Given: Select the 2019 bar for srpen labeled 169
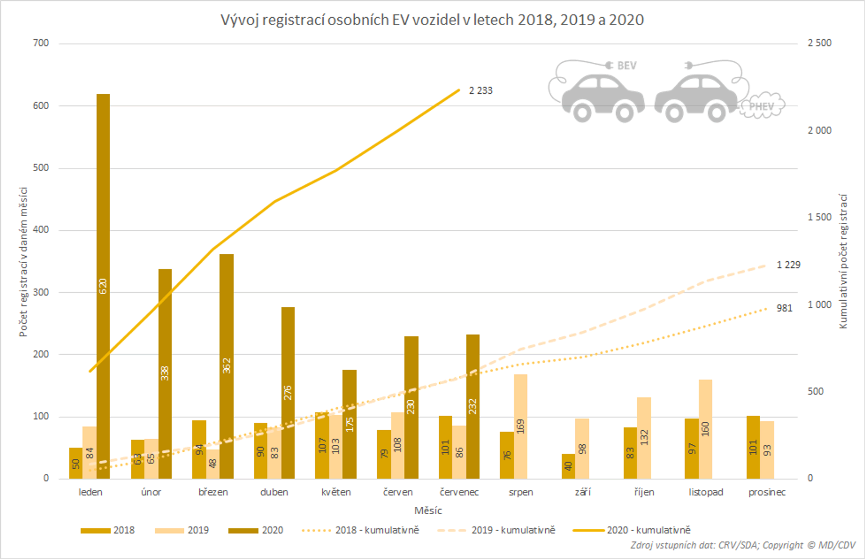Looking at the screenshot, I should click(x=520, y=426).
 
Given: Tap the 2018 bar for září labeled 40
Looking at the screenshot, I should click(x=568, y=466).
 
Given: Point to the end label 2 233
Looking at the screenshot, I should click(x=480, y=91).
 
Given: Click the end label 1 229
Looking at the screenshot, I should click(x=788, y=265).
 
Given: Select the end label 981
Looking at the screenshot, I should click(x=784, y=308).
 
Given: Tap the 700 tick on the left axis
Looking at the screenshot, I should click(x=41, y=43).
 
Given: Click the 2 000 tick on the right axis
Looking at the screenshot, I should click(x=819, y=130).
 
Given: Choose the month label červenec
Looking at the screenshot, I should click(x=459, y=492).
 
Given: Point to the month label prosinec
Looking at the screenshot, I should click(x=767, y=492).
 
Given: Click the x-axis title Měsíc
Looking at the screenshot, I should click(x=428, y=511).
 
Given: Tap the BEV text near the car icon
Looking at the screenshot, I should click(x=626, y=66).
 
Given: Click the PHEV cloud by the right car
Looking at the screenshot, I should click(x=762, y=106).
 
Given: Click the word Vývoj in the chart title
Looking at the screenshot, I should click(x=240, y=20).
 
